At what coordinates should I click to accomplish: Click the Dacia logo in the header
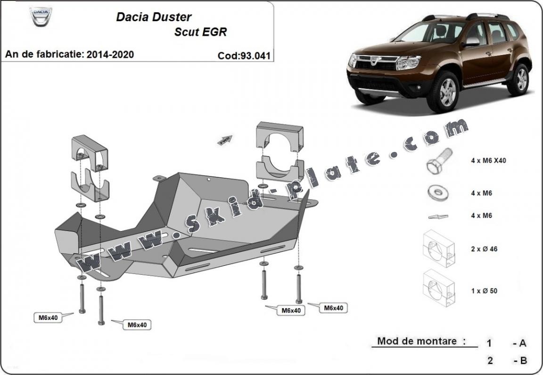[41, 17]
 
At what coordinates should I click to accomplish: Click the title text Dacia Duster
[154, 17]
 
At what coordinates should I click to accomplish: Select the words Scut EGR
[200, 32]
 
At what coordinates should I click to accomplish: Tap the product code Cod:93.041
[244, 56]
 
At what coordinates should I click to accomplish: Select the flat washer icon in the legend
[438, 192]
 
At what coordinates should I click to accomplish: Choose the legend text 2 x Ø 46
[484, 249]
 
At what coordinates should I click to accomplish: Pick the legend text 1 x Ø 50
[484, 291]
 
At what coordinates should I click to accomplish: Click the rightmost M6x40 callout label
[333, 308]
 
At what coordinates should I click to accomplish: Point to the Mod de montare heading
[417, 341]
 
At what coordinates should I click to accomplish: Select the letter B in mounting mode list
[522, 361]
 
